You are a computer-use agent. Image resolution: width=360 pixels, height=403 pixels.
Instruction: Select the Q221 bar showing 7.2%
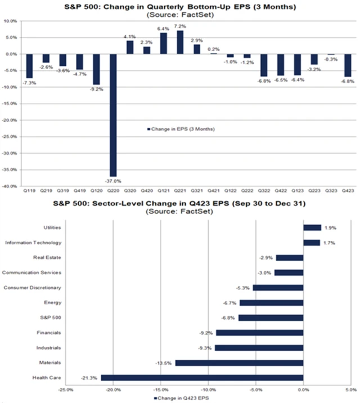[179, 42]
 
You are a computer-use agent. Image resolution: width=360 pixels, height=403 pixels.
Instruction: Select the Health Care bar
[202, 378]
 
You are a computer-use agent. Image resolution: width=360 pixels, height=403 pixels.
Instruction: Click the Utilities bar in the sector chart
[312, 227]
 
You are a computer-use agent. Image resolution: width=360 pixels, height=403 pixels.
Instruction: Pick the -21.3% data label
[91, 378]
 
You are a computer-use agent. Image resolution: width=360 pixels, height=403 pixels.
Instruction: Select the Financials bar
[259, 333]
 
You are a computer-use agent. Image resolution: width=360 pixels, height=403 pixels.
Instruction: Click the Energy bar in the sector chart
[271, 303]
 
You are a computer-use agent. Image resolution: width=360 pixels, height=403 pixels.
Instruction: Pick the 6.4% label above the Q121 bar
[163, 28]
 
